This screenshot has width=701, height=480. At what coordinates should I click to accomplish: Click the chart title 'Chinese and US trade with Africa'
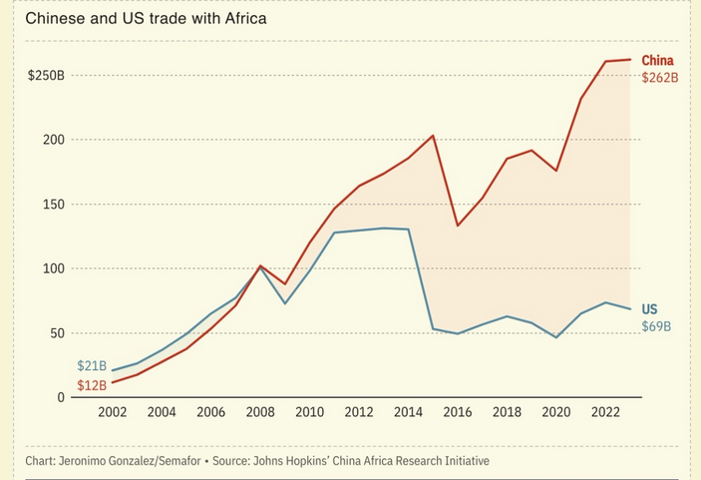(x=146, y=19)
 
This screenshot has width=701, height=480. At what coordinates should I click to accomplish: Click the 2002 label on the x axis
(x=113, y=412)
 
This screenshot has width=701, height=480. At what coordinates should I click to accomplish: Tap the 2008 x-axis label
(x=260, y=412)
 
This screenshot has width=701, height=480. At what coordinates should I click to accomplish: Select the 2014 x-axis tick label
(x=409, y=412)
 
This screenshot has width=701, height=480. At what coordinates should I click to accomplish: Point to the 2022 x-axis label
(x=606, y=412)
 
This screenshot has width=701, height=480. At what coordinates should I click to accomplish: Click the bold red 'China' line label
(x=657, y=60)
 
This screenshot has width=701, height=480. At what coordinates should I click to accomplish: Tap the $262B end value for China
(x=659, y=77)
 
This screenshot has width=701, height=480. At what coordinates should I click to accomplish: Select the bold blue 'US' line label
(x=649, y=309)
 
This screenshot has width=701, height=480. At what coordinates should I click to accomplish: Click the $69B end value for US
(x=656, y=326)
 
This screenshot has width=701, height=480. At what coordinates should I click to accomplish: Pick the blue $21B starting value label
(x=91, y=366)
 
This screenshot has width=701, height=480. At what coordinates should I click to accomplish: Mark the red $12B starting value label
(x=91, y=385)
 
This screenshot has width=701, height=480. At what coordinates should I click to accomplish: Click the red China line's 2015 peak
(x=433, y=136)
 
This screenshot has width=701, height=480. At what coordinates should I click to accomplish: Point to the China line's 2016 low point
(x=458, y=226)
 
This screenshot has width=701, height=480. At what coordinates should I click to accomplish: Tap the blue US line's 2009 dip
(x=285, y=303)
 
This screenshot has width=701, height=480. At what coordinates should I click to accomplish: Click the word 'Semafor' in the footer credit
(x=171, y=461)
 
